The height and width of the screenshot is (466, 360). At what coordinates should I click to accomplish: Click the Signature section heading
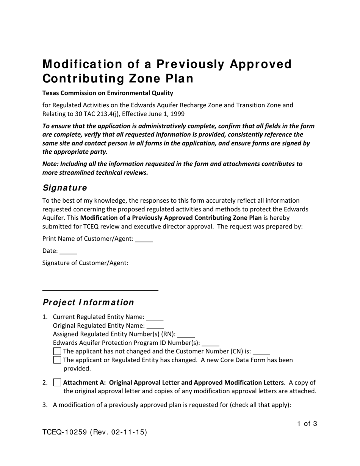64,188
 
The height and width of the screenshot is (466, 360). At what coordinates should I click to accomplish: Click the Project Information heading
88,302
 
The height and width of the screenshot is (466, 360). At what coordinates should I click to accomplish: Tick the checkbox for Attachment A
57,382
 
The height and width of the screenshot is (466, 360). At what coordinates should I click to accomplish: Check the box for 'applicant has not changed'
57,351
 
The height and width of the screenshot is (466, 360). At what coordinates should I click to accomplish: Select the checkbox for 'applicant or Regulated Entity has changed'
57,360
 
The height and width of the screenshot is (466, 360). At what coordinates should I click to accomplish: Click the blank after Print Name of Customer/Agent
144,239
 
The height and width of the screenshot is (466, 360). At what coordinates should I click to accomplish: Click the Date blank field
68,251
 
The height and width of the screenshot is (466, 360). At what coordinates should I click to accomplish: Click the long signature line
100,290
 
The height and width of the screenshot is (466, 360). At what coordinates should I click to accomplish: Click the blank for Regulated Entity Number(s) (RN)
186,335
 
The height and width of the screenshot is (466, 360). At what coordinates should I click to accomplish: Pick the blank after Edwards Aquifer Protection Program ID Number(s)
210,344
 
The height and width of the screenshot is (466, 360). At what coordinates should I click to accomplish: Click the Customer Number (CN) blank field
261,352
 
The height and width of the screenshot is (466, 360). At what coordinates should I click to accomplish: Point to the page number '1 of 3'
307,424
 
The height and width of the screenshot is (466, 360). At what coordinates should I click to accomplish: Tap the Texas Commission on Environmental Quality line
108,93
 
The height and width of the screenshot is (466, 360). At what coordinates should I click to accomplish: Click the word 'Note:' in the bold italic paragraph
51,164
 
